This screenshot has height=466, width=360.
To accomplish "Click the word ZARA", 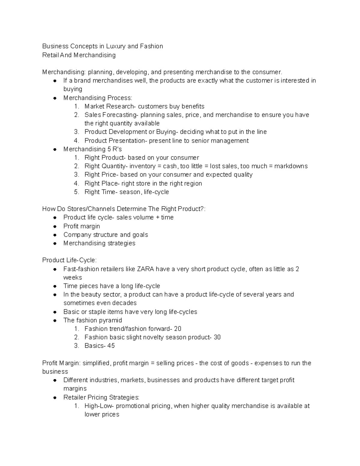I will (145, 269).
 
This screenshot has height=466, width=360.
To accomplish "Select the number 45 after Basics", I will (111, 346).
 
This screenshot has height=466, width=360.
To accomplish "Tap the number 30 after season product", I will (217, 337).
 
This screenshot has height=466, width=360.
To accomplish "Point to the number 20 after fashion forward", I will (178, 329).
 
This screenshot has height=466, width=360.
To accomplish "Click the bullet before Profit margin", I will (55, 227).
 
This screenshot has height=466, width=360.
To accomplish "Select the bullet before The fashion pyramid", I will (55, 320).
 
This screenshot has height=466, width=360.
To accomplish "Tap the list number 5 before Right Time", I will (76, 192).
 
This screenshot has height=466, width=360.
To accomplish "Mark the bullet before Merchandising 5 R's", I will (55, 149).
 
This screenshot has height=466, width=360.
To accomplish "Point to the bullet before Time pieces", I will (55, 286).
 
